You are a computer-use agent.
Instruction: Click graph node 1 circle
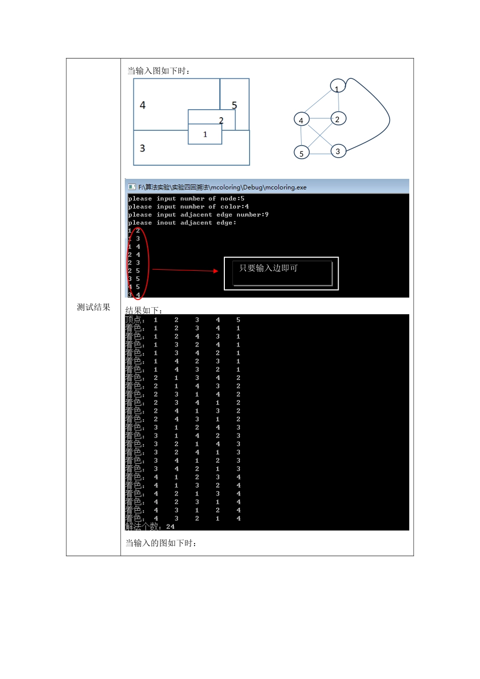pyautogui.click(x=338, y=86)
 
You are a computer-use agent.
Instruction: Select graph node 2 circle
pyautogui.click(x=338, y=119)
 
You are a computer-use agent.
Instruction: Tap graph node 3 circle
pyautogui.click(x=338, y=151)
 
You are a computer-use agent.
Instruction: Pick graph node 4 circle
pyautogui.click(x=301, y=120)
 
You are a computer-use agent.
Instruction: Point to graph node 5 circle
pyautogui.click(x=302, y=153)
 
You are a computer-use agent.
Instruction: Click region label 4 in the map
pyautogui.click(x=142, y=105)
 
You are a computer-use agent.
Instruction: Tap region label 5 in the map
pyautogui.click(x=234, y=105)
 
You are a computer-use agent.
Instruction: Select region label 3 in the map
pyautogui.click(x=142, y=148)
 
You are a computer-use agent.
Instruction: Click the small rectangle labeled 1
pyautogui.click(x=205, y=134)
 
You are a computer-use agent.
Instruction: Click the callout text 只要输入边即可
pyautogui.click(x=268, y=268)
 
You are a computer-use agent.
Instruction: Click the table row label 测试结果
pyautogui.click(x=93, y=307)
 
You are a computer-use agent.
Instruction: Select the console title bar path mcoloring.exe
pyautogui.click(x=222, y=187)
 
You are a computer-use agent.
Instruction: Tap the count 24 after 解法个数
pyautogui.click(x=170, y=526)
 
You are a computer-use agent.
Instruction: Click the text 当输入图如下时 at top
pyautogui.click(x=159, y=71)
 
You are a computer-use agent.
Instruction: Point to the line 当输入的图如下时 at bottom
pyautogui.click(x=161, y=543)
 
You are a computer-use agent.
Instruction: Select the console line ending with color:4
pyautogui.click(x=188, y=207)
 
